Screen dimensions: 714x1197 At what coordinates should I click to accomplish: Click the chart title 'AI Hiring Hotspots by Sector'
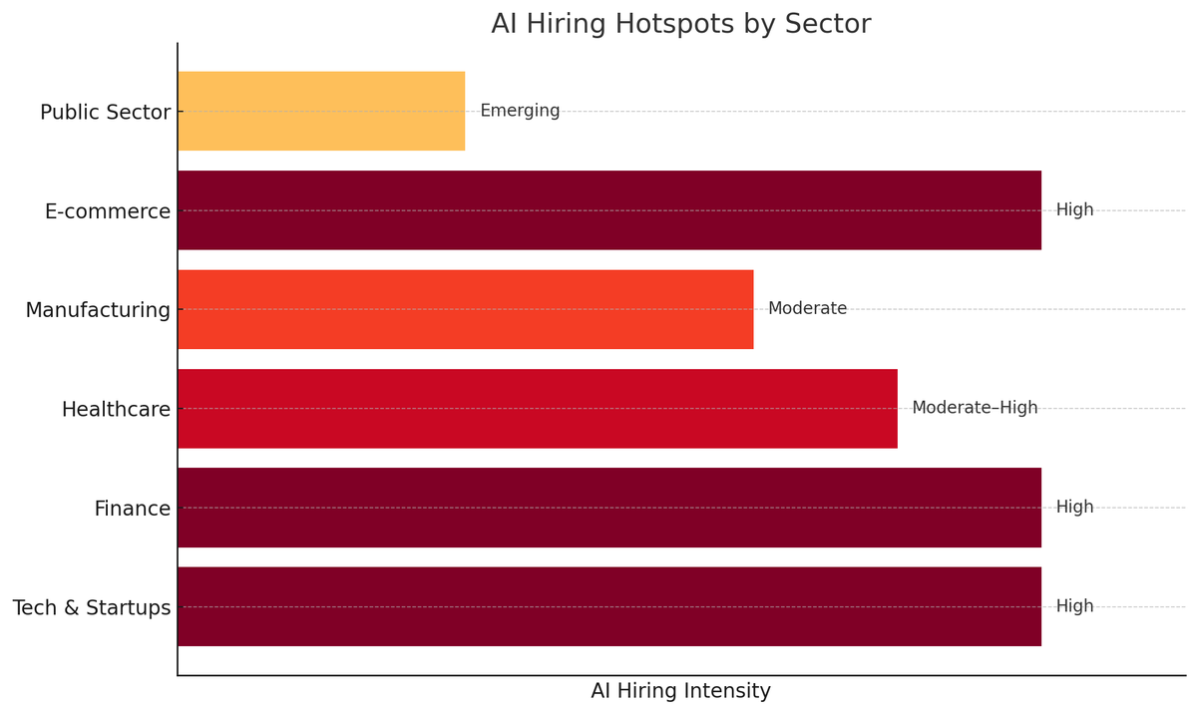point(680,24)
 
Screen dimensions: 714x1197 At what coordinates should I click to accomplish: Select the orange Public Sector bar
point(321,111)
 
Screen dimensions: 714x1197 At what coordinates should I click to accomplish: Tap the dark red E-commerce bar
point(608,210)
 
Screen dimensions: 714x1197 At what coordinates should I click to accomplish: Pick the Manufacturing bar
point(465,309)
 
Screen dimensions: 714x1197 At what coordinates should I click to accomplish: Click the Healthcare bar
point(537,408)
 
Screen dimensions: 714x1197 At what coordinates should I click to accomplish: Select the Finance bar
point(608,508)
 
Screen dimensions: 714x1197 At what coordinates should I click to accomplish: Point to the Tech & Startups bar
point(608,606)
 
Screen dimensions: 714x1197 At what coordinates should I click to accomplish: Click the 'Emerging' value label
point(520,111)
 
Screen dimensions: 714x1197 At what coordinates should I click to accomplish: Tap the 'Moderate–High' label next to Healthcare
point(975,408)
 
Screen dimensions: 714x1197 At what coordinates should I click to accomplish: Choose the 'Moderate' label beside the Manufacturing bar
point(807,309)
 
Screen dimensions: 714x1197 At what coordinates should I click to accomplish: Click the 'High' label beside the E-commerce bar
point(1074,210)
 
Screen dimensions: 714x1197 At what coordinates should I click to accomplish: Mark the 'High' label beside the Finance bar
point(1074,508)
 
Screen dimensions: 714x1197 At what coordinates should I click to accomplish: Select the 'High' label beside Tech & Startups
point(1074,606)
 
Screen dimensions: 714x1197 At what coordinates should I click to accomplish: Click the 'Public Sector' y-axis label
point(105,113)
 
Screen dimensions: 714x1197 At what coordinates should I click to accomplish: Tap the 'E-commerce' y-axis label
point(108,212)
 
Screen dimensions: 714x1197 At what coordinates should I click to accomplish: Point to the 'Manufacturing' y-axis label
point(98,311)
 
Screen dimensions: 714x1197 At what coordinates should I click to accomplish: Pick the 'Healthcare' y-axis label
point(116,410)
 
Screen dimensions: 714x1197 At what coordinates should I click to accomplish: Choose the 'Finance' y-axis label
point(133,510)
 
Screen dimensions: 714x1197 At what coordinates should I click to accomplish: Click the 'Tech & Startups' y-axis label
point(92,608)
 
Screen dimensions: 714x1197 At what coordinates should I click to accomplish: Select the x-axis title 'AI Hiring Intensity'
point(680,691)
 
